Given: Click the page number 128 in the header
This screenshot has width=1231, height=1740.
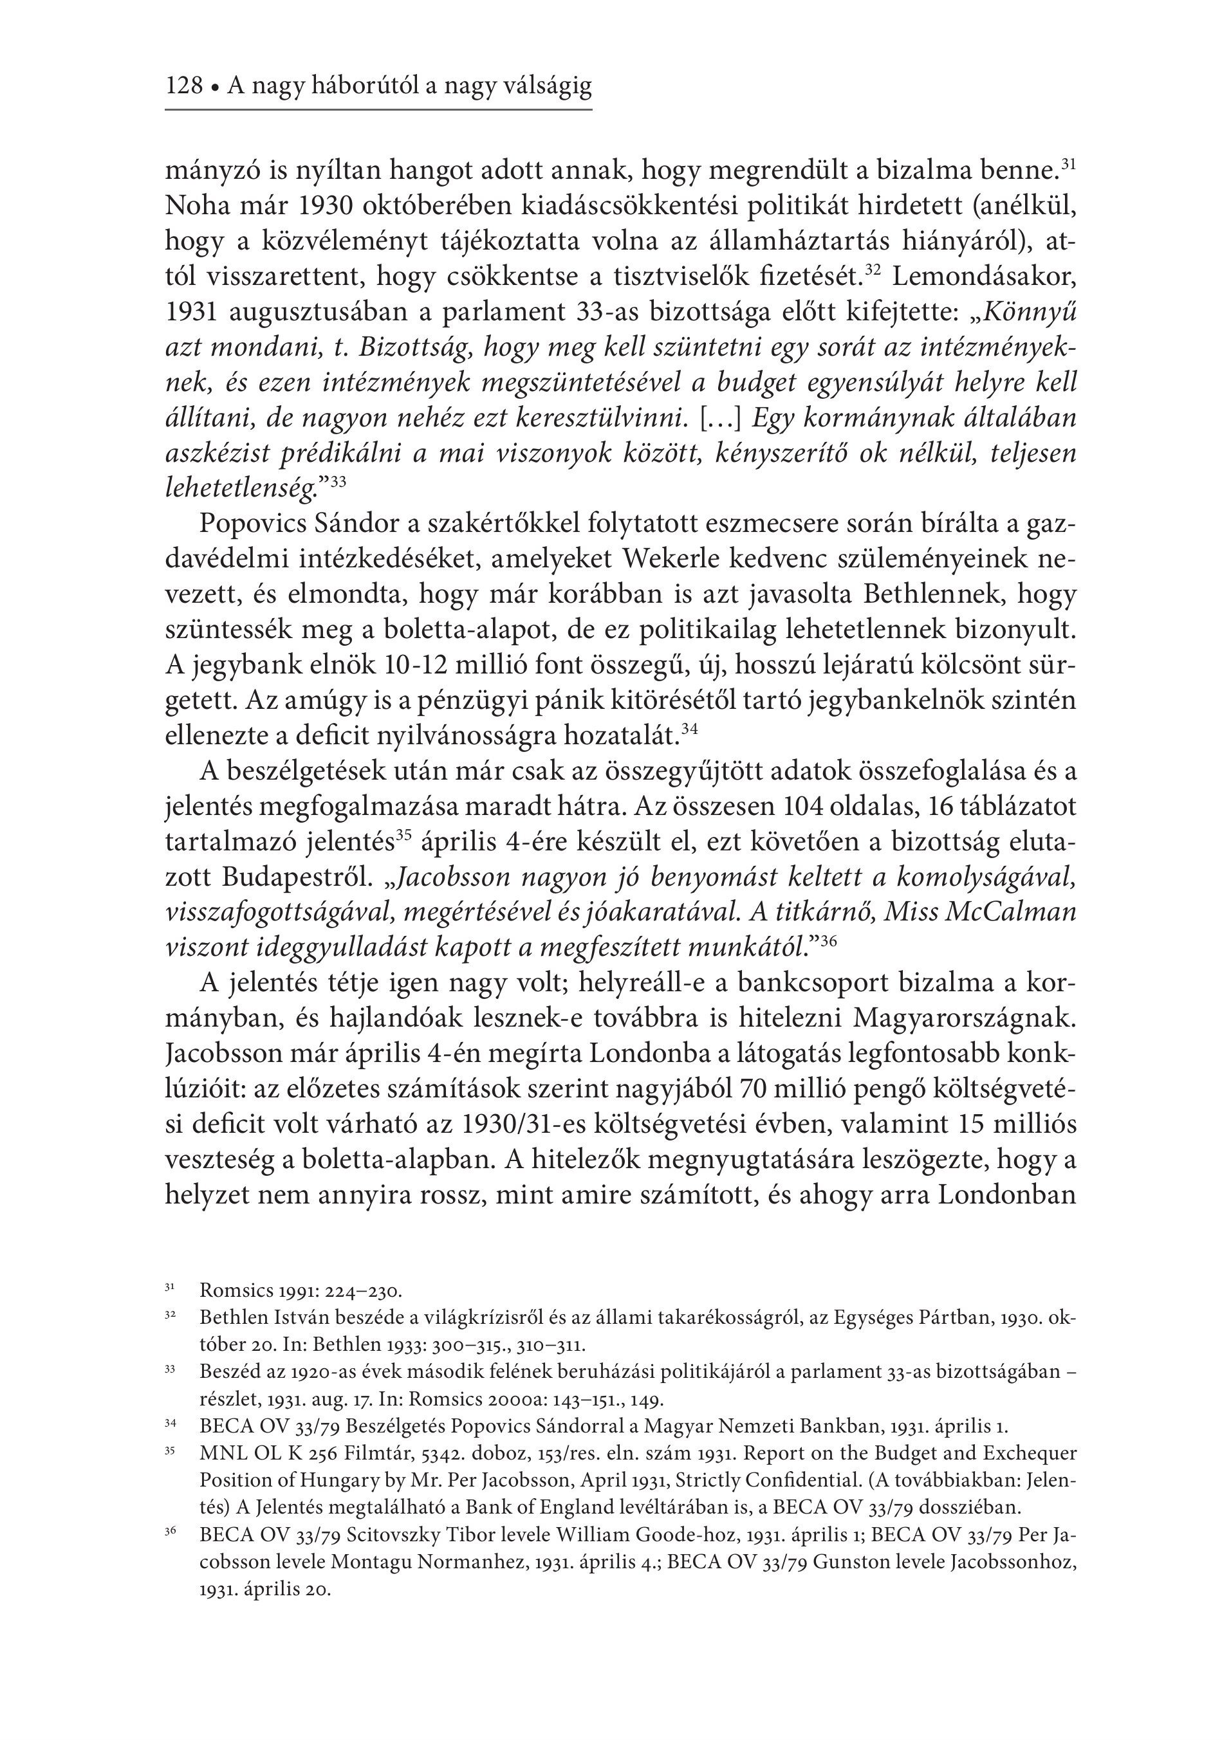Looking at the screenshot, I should point(184,86).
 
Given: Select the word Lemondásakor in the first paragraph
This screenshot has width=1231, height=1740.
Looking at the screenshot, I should point(985,276).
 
